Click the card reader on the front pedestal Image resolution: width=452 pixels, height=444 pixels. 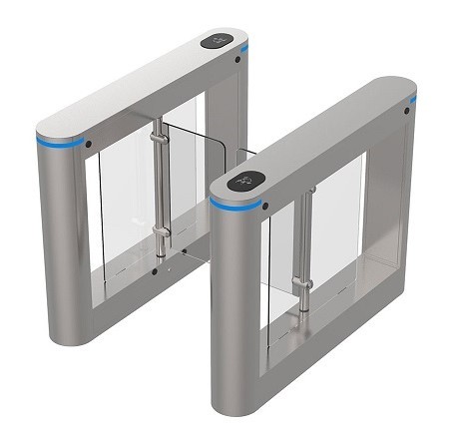point(245,182)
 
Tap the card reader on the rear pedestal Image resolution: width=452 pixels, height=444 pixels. point(222,42)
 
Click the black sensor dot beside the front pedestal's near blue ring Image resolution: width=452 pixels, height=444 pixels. point(266,207)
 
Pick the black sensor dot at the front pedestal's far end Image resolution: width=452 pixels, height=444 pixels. point(406,111)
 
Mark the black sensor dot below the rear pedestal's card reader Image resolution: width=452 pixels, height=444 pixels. point(239,60)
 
